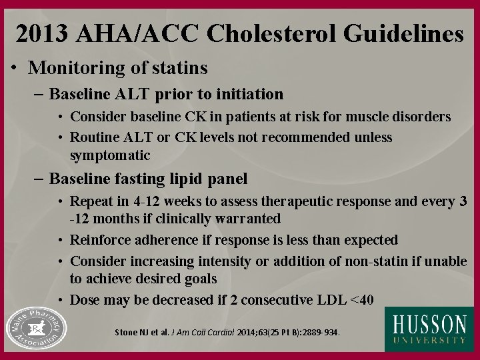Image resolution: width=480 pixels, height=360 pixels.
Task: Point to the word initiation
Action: [250, 94]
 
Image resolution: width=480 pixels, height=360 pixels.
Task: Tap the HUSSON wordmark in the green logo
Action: [429, 324]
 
